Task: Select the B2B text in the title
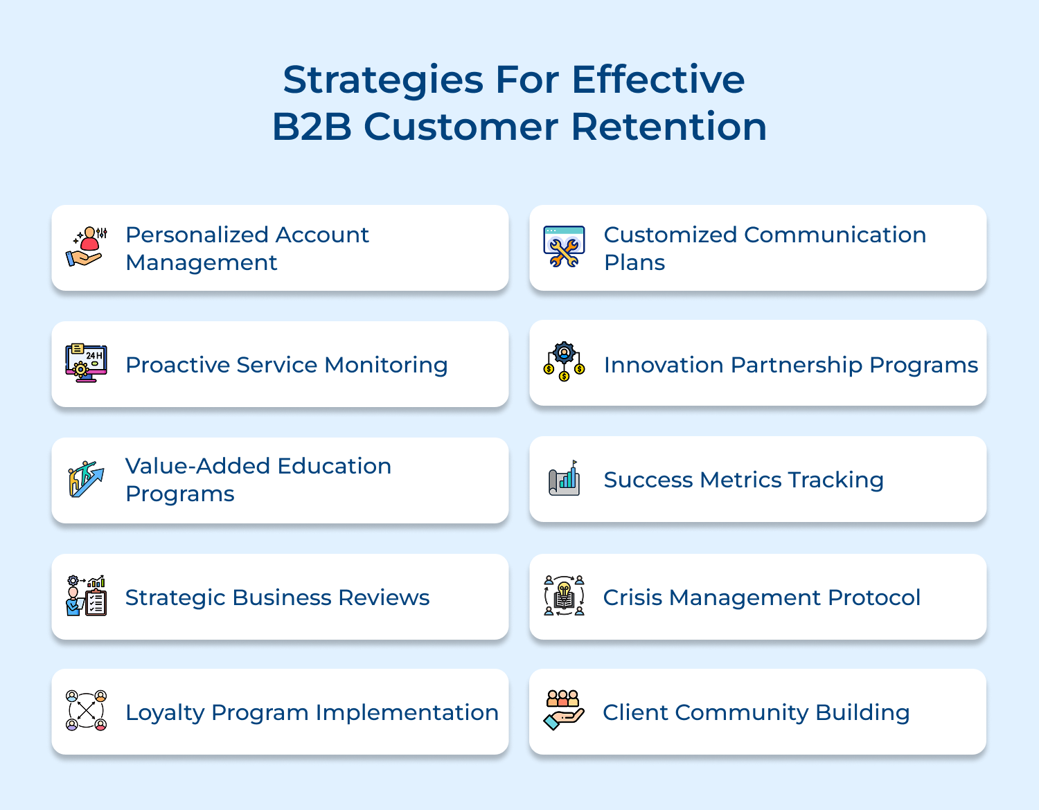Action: (312, 127)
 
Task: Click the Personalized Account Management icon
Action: (87, 247)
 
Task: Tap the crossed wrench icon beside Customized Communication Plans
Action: (564, 248)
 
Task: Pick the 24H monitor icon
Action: (86, 363)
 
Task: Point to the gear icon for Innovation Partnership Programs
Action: (564, 362)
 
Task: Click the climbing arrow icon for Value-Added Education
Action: (86, 479)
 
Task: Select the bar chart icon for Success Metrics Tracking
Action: (564, 478)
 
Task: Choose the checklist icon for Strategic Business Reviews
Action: (86, 595)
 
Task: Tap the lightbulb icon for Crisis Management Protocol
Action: (564, 595)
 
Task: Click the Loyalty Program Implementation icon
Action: (86, 711)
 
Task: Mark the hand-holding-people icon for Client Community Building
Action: (564, 710)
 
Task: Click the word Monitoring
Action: (386, 366)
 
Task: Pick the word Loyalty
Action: (164, 713)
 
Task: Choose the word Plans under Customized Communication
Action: (634, 263)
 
